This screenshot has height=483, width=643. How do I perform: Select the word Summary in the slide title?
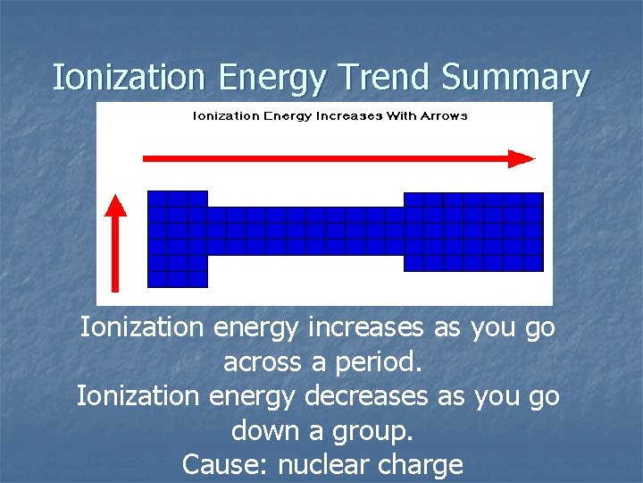(x=516, y=79)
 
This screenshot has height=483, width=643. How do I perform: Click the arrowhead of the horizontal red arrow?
(x=522, y=158)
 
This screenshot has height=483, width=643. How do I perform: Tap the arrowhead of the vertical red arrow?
(x=115, y=206)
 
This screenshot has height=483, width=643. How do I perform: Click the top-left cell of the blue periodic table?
(x=157, y=199)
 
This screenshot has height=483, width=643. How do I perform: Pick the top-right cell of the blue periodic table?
(x=533, y=199)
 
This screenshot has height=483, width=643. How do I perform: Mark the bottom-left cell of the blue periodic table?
(x=157, y=279)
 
